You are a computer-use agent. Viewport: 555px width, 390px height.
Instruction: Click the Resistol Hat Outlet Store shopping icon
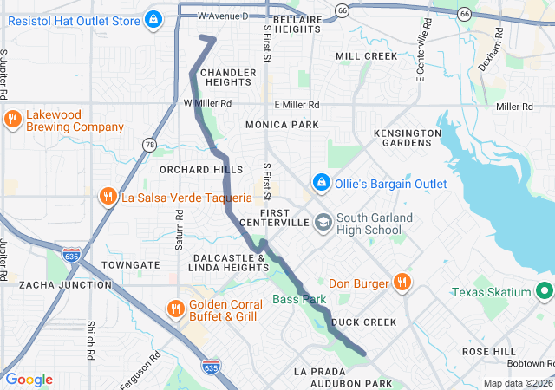pyautogui.click(x=153, y=17)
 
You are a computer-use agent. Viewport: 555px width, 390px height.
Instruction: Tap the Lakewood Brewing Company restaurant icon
pyautogui.click(x=12, y=120)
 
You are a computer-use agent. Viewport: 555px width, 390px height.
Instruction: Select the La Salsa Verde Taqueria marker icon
pyautogui.click(x=108, y=197)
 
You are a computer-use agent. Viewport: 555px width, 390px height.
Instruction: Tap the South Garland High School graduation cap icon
pyautogui.click(x=323, y=223)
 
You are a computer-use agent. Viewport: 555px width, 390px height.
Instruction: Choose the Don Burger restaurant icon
pyautogui.click(x=402, y=283)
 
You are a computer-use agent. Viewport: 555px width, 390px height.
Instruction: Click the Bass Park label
pyautogui.click(x=299, y=299)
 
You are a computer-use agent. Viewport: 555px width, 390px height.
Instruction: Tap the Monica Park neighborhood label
pyautogui.click(x=282, y=125)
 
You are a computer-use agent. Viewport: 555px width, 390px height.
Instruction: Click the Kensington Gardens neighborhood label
pyautogui.click(x=407, y=137)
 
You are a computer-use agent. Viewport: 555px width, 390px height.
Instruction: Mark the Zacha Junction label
pyautogui.click(x=49, y=284)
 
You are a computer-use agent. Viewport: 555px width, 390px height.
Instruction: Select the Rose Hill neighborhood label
pyautogui.click(x=488, y=351)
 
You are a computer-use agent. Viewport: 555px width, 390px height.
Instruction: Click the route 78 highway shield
pyautogui.click(x=151, y=145)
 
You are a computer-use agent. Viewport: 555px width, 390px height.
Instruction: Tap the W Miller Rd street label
pyautogui.click(x=207, y=103)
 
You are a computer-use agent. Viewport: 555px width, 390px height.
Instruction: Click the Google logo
pyautogui.click(x=29, y=380)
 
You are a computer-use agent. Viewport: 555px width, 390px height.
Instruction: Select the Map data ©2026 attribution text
pyautogui.click(x=517, y=383)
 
